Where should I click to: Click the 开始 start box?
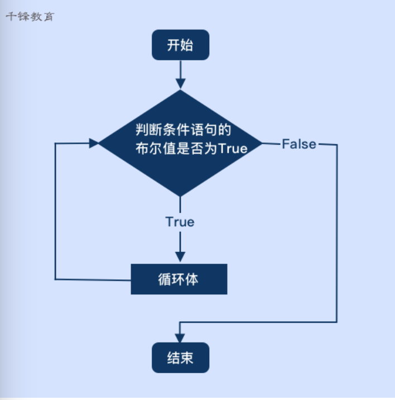(180, 45)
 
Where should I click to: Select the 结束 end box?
(180, 358)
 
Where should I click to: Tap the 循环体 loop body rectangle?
(179, 279)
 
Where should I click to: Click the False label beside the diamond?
(298, 144)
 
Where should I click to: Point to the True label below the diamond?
(180, 222)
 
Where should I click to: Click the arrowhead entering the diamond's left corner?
(94, 143)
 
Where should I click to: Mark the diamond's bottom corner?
(180, 195)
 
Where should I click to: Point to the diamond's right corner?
(262, 143)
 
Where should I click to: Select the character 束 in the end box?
(187, 358)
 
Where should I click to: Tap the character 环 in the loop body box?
(179, 279)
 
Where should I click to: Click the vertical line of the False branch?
(337, 235)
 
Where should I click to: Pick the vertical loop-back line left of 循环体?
(55, 212)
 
